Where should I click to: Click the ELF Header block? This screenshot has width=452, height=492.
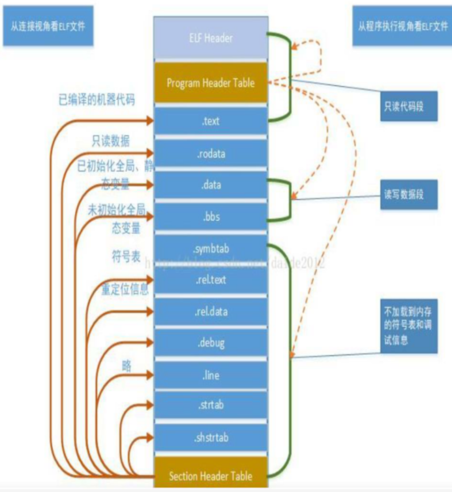[210, 38]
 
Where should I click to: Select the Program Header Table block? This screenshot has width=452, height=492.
[210, 83]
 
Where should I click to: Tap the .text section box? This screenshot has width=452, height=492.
[210, 121]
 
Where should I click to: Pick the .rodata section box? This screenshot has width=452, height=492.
[210, 153]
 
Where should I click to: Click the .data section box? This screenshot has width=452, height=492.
[210, 185]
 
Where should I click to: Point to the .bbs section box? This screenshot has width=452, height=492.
[210, 217]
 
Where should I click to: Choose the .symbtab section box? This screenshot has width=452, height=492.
[210, 248]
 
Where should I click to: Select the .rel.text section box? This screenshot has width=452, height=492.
[210, 280]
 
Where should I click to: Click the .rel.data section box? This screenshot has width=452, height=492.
[210, 311]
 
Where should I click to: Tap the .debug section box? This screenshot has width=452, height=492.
[210, 343]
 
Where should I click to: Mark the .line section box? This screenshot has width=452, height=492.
[210, 375]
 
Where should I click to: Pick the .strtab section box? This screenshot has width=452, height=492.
[210, 405]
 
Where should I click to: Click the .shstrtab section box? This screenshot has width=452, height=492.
[210, 437]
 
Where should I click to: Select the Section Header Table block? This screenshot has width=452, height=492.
[210, 475]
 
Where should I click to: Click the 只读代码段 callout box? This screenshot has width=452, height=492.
[408, 107]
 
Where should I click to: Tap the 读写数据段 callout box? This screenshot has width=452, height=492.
[408, 195]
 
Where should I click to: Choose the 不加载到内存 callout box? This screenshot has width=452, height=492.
[408, 326]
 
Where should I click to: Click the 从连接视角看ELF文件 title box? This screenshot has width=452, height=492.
[48, 27]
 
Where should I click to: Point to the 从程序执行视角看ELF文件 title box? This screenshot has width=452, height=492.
[402, 27]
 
